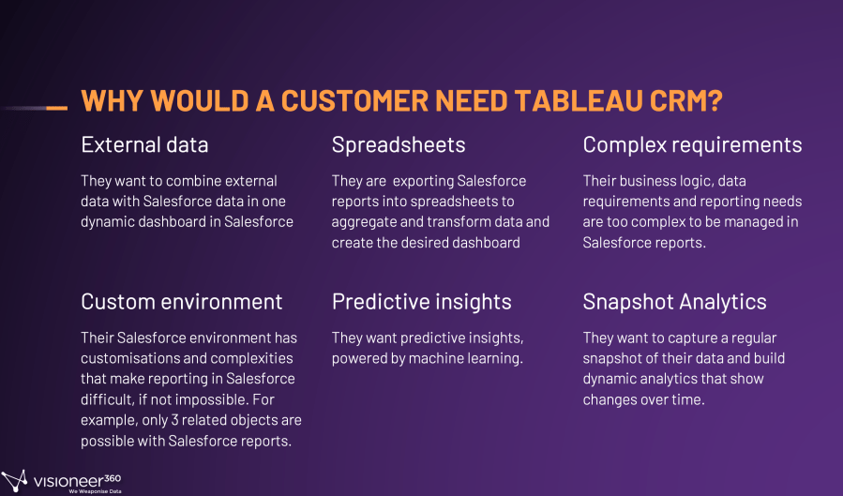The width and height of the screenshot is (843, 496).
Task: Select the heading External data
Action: point(144,144)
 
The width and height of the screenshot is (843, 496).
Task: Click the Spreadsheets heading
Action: point(399,145)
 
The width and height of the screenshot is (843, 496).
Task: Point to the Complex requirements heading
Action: point(692,145)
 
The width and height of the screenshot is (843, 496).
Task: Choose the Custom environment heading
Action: point(182,302)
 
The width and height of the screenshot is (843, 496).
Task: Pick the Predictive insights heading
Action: point(422,302)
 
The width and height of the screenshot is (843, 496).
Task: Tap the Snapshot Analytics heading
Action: point(675,302)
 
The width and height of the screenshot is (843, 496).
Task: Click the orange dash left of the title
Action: point(57,108)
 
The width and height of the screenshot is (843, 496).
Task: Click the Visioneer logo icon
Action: point(14,480)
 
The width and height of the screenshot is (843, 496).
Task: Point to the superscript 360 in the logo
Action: point(112,478)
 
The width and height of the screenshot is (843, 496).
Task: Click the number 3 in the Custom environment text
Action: point(174,420)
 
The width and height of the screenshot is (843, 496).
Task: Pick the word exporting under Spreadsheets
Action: point(423,181)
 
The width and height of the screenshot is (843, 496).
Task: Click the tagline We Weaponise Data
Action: point(95,491)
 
